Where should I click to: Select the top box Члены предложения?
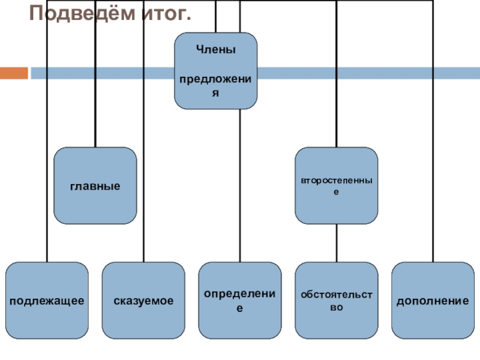click(x=215, y=70)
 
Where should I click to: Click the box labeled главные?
click(x=95, y=185)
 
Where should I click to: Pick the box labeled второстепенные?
click(x=336, y=185)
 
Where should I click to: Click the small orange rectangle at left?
click(x=14, y=73)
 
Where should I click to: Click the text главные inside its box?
click(x=95, y=186)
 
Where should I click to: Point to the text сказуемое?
click(x=143, y=299)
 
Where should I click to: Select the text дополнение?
click(x=432, y=299)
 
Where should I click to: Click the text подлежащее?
click(x=46, y=299)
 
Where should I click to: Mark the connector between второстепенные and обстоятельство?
click(x=336, y=242)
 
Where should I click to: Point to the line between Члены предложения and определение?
click(x=240, y=186)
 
